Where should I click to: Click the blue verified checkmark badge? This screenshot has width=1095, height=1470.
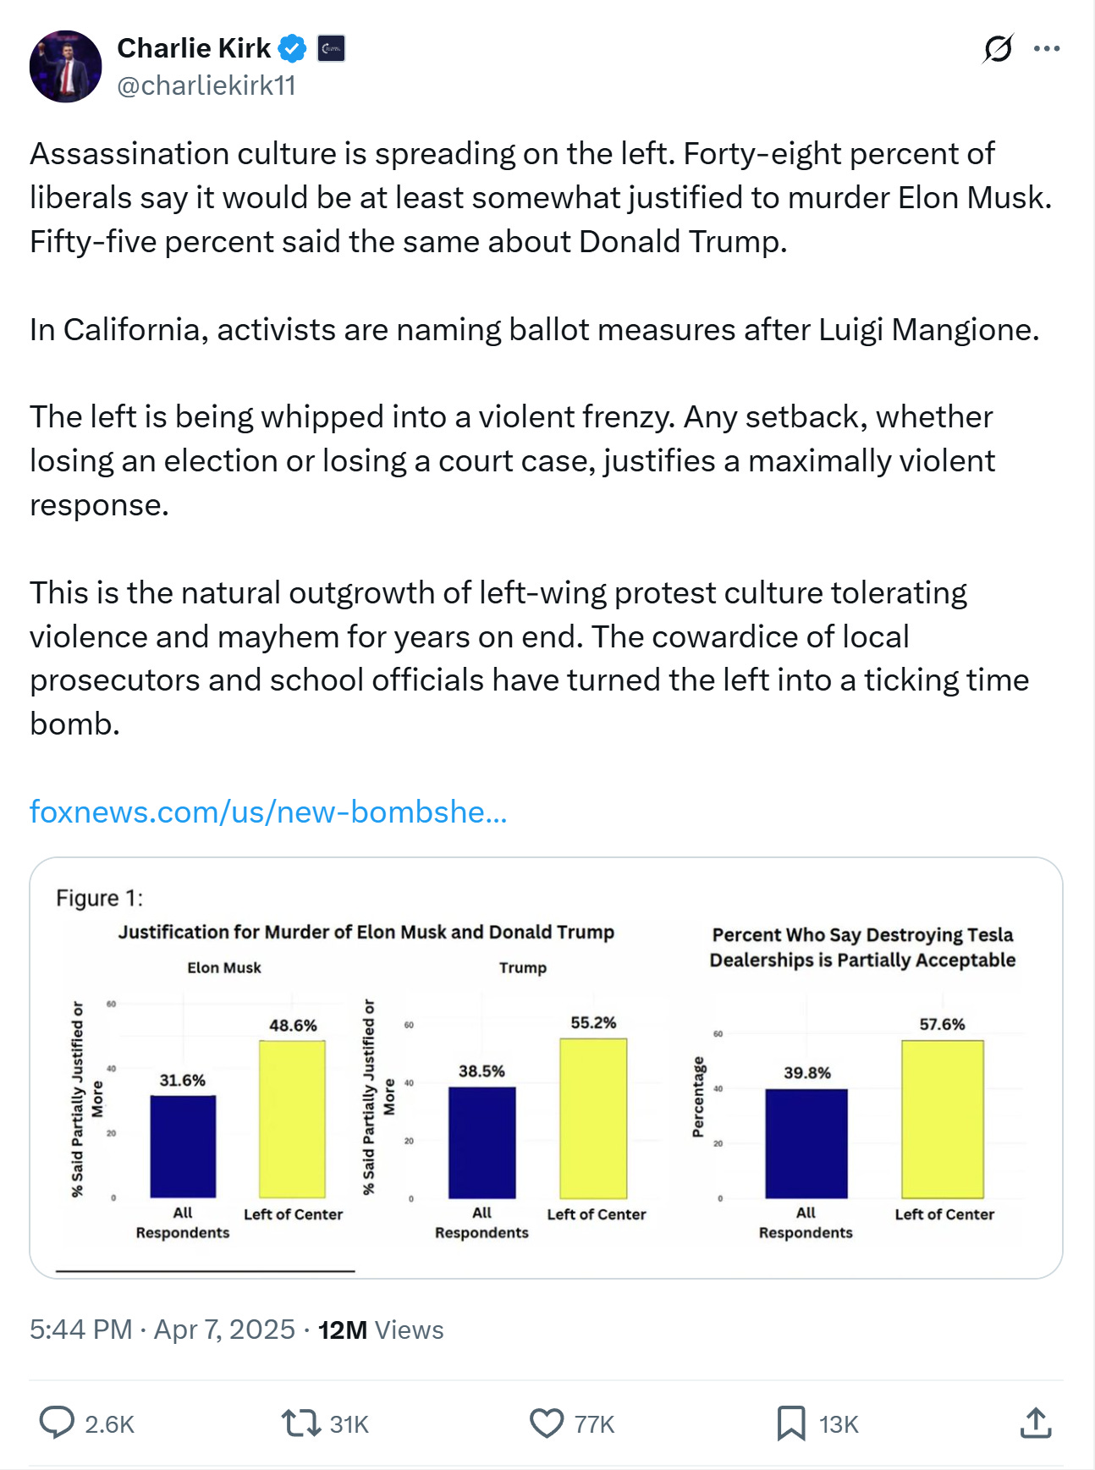click(293, 49)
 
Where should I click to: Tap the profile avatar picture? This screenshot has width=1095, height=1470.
click(65, 67)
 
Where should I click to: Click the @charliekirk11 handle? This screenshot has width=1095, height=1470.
click(206, 85)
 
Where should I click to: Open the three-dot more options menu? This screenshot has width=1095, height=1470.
click(1047, 49)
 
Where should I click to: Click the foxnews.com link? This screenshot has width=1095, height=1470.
click(268, 812)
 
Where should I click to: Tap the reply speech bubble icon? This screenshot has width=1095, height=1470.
click(57, 1423)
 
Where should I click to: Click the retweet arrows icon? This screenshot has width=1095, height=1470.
click(300, 1423)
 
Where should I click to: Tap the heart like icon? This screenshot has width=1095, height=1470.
click(547, 1423)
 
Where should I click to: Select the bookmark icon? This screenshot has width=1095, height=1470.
click(790, 1423)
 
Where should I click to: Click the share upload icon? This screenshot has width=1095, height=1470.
click(1035, 1423)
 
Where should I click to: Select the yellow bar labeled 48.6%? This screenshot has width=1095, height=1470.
click(292, 1118)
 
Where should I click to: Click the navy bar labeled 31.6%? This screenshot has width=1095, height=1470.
click(183, 1146)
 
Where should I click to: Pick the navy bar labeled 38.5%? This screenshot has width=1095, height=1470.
click(481, 1142)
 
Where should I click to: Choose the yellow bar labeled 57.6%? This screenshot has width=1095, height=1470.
click(942, 1118)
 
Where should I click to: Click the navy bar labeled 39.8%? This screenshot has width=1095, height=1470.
click(806, 1142)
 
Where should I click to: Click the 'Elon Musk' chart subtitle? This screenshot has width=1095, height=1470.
click(224, 967)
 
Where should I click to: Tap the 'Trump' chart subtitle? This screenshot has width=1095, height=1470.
click(523, 967)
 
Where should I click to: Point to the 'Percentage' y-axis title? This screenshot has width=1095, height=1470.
click(698, 1097)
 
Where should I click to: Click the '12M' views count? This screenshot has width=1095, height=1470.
click(342, 1330)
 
